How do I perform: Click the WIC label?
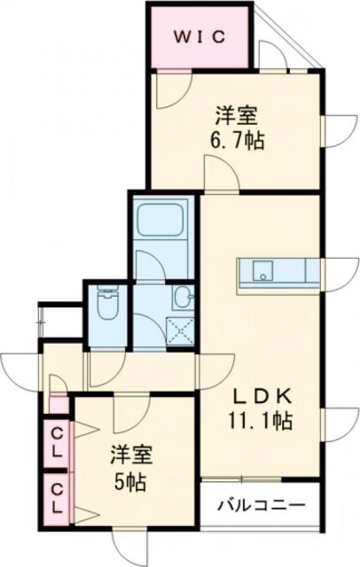click(200, 36)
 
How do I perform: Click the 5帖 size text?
click(129, 484)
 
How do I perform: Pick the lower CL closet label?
click(56, 498)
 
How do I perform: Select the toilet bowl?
click(106, 306)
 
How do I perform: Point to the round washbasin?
click(182, 297)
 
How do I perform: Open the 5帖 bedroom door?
click(133, 409)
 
